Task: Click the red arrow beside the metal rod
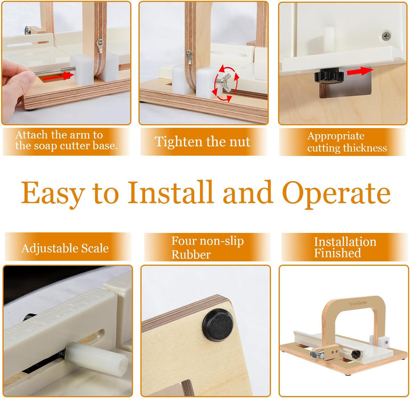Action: point(58,76)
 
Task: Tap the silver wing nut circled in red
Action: point(225,83)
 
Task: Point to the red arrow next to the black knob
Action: point(360,71)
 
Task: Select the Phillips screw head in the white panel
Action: point(387,35)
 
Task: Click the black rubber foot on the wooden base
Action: point(218,324)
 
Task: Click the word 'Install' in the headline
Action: point(170,192)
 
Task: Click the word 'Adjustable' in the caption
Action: point(50,248)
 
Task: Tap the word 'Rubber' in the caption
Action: point(191,255)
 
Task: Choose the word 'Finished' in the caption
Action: point(338,253)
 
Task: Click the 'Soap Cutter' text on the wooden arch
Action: point(358,303)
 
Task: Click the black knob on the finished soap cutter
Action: point(356,354)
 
